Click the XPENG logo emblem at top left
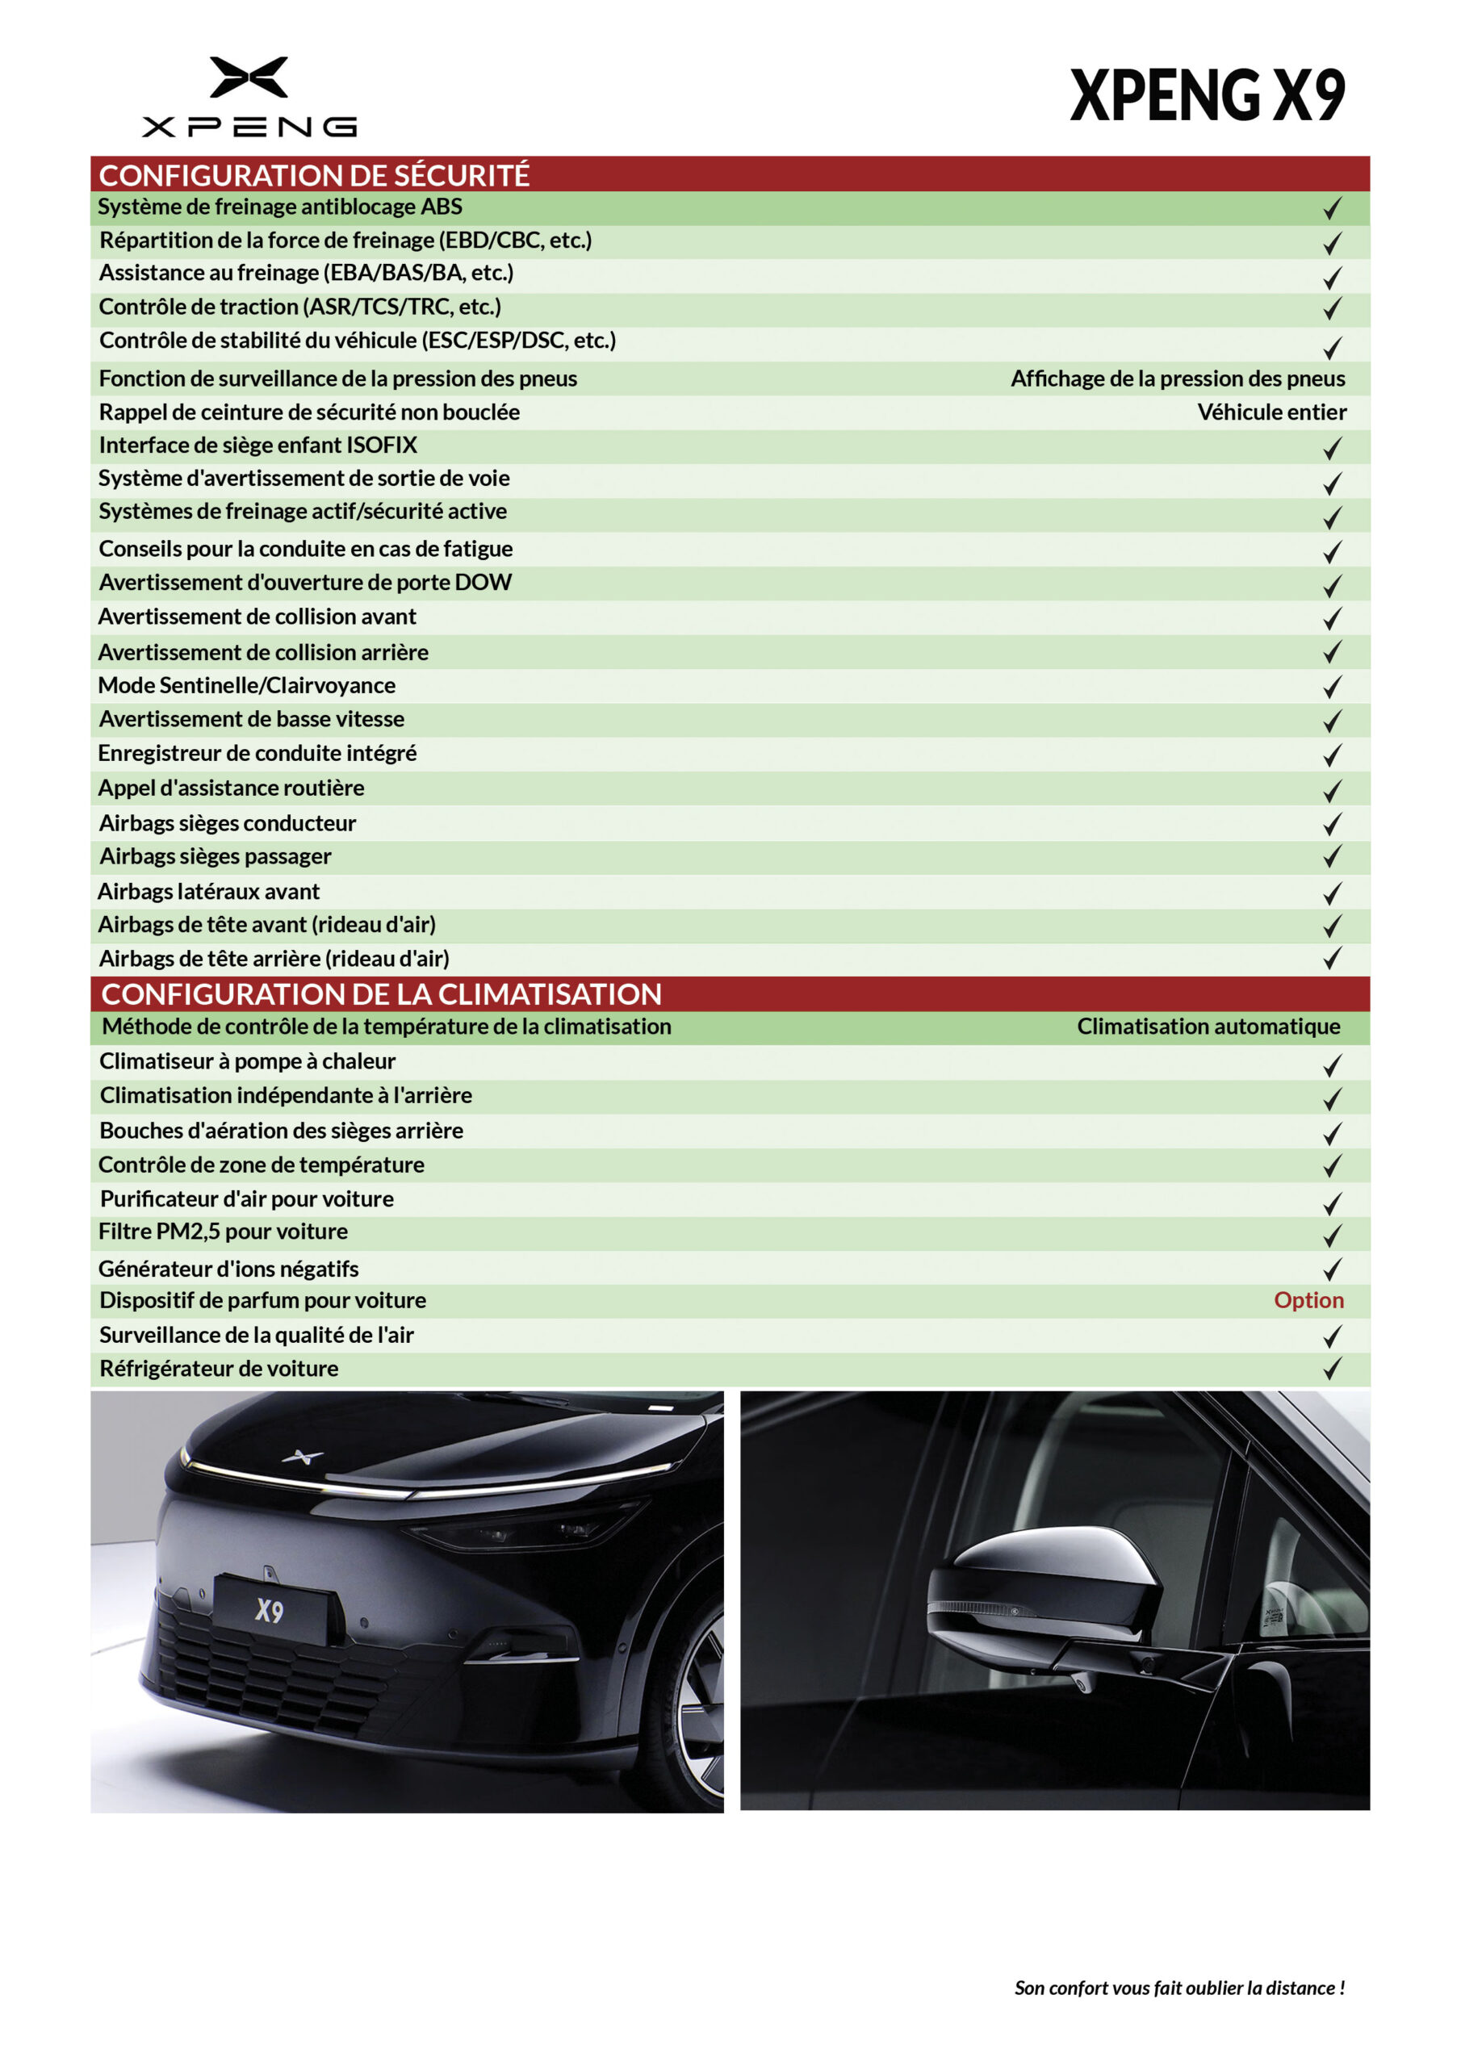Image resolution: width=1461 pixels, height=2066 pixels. tap(249, 77)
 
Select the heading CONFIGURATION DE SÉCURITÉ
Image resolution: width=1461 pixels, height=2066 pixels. tap(314, 174)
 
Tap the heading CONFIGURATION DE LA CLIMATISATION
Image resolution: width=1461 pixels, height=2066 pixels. tap(382, 993)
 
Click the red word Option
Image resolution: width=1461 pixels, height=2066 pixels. tap(1308, 1299)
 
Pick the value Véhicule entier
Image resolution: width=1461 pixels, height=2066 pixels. tap(1271, 412)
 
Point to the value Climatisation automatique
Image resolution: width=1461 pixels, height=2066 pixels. tap(1208, 1027)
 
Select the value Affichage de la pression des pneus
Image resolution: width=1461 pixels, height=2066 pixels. tap(1178, 378)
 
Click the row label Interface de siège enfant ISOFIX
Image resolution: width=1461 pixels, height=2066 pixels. tap(258, 445)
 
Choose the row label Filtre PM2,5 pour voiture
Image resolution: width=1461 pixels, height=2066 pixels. tap(224, 1231)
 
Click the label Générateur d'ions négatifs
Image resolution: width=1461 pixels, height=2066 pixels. tap(228, 1269)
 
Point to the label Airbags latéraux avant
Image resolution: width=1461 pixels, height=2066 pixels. tap(209, 892)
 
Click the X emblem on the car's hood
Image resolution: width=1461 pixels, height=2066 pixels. tap(303, 1456)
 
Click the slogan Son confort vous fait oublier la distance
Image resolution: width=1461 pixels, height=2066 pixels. tap(1179, 1988)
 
